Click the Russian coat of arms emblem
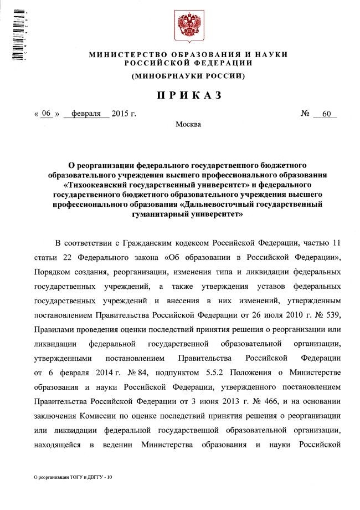click(187, 24)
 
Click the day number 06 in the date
click(47, 114)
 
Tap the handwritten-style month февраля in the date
click(86, 114)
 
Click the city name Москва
click(188, 124)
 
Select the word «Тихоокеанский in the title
click(97, 181)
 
